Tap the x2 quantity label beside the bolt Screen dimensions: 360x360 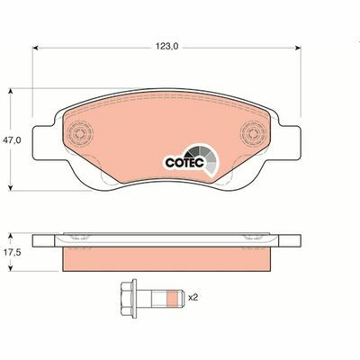click(192, 296)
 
